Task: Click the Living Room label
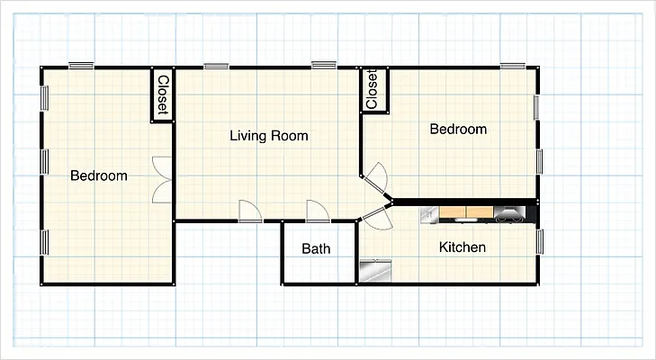(268, 136)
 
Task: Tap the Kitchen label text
(463, 247)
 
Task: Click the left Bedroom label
(98, 175)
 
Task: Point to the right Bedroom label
(458, 130)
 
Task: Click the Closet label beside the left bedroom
(162, 94)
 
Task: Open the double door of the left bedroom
(162, 179)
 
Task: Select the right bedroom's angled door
(376, 176)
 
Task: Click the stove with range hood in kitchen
(508, 213)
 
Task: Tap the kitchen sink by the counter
(428, 213)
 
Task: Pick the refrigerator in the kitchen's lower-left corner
(373, 270)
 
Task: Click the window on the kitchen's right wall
(540, 241)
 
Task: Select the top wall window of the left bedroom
(81, 65)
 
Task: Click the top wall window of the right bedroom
(513, 65)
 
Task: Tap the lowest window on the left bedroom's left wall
(42, 243)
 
